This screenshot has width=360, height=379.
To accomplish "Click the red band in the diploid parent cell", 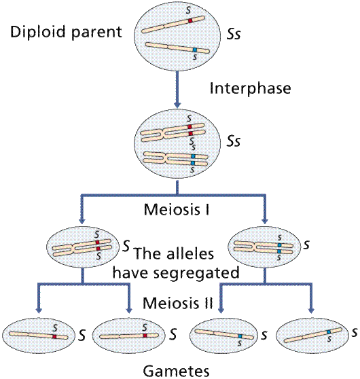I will point(191,22).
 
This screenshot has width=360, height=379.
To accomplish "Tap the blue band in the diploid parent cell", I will point(194,52).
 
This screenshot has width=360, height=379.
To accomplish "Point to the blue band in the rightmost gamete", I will point(328,331).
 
